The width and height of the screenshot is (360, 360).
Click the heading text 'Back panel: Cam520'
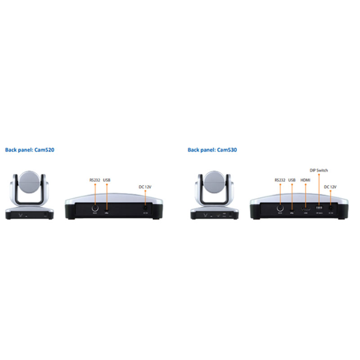pyautogui.click(x=30, y=150)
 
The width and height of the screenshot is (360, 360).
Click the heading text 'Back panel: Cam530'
pyautogui.click(x=212, y=150)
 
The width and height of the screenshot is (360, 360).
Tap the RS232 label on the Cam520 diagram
pyautogui.click(x=95, y=180)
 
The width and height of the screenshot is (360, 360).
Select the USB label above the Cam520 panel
pyautogui.click(x=107, y=180)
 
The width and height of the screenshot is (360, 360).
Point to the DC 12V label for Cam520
pyautogui.click(x=145, y=186)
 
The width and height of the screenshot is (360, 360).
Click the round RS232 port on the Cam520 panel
pyautogui.click(x=95, y=208)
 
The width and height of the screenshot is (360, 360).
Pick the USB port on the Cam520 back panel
pyautogui.click(x=107, y=210)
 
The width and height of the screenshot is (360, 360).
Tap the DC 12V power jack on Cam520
pyautogui.click(x=145, y=209)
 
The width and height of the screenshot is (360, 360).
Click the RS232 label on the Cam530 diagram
pyautogui.click(x=279, y=180)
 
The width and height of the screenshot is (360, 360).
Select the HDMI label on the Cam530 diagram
pyautogui.click(x=306, y=180)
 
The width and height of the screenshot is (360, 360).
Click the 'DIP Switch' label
pyautogui.click(x=319, y=171)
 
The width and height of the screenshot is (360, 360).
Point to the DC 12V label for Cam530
pyautogui.click(x=330, y=186)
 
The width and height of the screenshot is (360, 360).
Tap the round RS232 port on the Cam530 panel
pyautogui.click(x=279, y=208)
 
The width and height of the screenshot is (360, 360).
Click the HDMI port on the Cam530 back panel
pyautogui.click(x=306, y=209)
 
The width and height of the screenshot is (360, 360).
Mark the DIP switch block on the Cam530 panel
pyautogui.click(x=319, y=209)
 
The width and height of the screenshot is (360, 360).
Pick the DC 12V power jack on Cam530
pyautogui.click(x=331, y=209)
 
